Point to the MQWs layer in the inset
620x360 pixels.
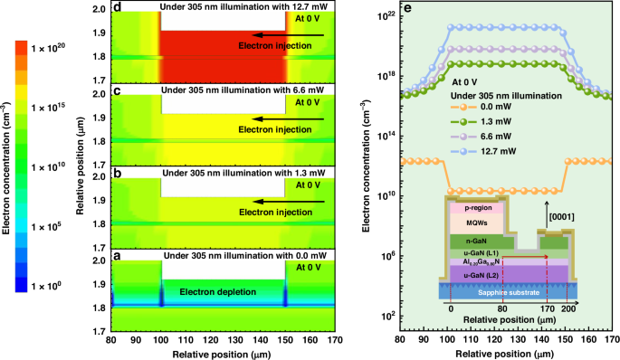click(x=476, y=222)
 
